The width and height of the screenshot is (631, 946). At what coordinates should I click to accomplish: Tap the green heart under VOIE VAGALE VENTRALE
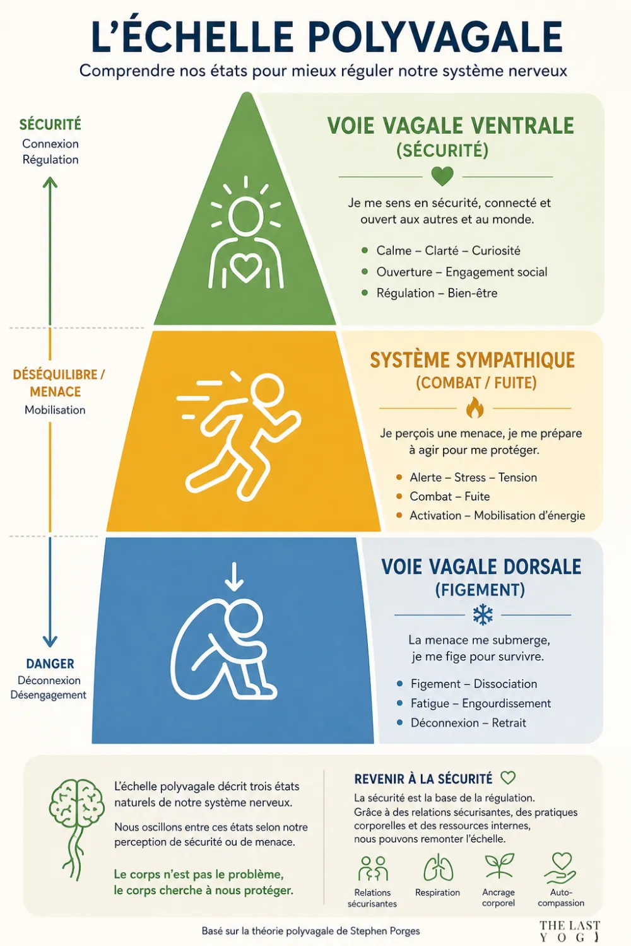point(442,177)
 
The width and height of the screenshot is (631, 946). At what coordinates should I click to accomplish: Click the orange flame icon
point(475,408)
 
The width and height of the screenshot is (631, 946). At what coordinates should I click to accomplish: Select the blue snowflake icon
point(483,614)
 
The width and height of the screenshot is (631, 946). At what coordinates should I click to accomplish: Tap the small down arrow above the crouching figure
point(234,576)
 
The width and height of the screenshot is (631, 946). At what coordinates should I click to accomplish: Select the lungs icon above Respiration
point(439,868)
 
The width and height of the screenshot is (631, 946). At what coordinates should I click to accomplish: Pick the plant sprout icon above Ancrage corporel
point(499,866)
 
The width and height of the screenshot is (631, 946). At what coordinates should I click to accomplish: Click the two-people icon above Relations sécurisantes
point(373,868)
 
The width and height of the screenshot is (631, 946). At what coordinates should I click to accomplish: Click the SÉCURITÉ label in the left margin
point(50,125)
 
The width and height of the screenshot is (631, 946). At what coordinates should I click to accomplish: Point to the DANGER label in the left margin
point(50,664)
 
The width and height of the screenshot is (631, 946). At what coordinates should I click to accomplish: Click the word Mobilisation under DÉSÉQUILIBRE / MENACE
point(55,410)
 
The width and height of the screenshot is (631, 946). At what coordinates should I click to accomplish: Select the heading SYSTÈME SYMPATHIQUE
point(472,360)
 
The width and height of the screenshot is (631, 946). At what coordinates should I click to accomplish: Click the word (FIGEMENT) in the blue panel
point(480,590)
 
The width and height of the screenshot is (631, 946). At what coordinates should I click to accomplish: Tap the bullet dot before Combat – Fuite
point(399,496)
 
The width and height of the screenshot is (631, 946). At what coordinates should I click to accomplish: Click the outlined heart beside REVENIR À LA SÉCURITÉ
point(508,778)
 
